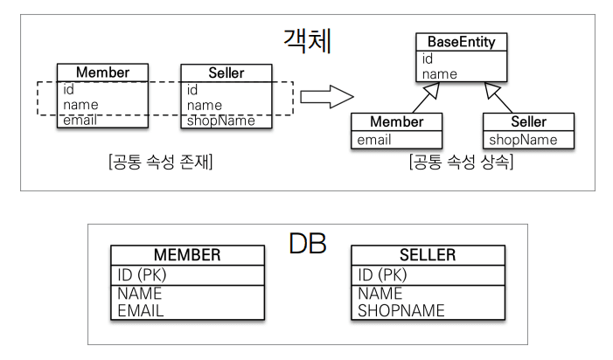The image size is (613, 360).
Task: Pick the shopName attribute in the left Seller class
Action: [220, 121]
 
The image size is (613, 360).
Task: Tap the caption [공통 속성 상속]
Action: [461, 162]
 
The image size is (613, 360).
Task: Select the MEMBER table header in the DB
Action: [187, 255]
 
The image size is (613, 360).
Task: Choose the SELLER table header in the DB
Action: [428, 255]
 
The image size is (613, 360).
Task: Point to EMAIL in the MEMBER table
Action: [141, 309]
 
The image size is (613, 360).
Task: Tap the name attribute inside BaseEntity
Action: [440, 74]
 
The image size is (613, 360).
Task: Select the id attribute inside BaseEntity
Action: [428, 59]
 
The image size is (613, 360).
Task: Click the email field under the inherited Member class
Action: [373, 139]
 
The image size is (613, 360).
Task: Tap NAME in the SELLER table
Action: [380, 294]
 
